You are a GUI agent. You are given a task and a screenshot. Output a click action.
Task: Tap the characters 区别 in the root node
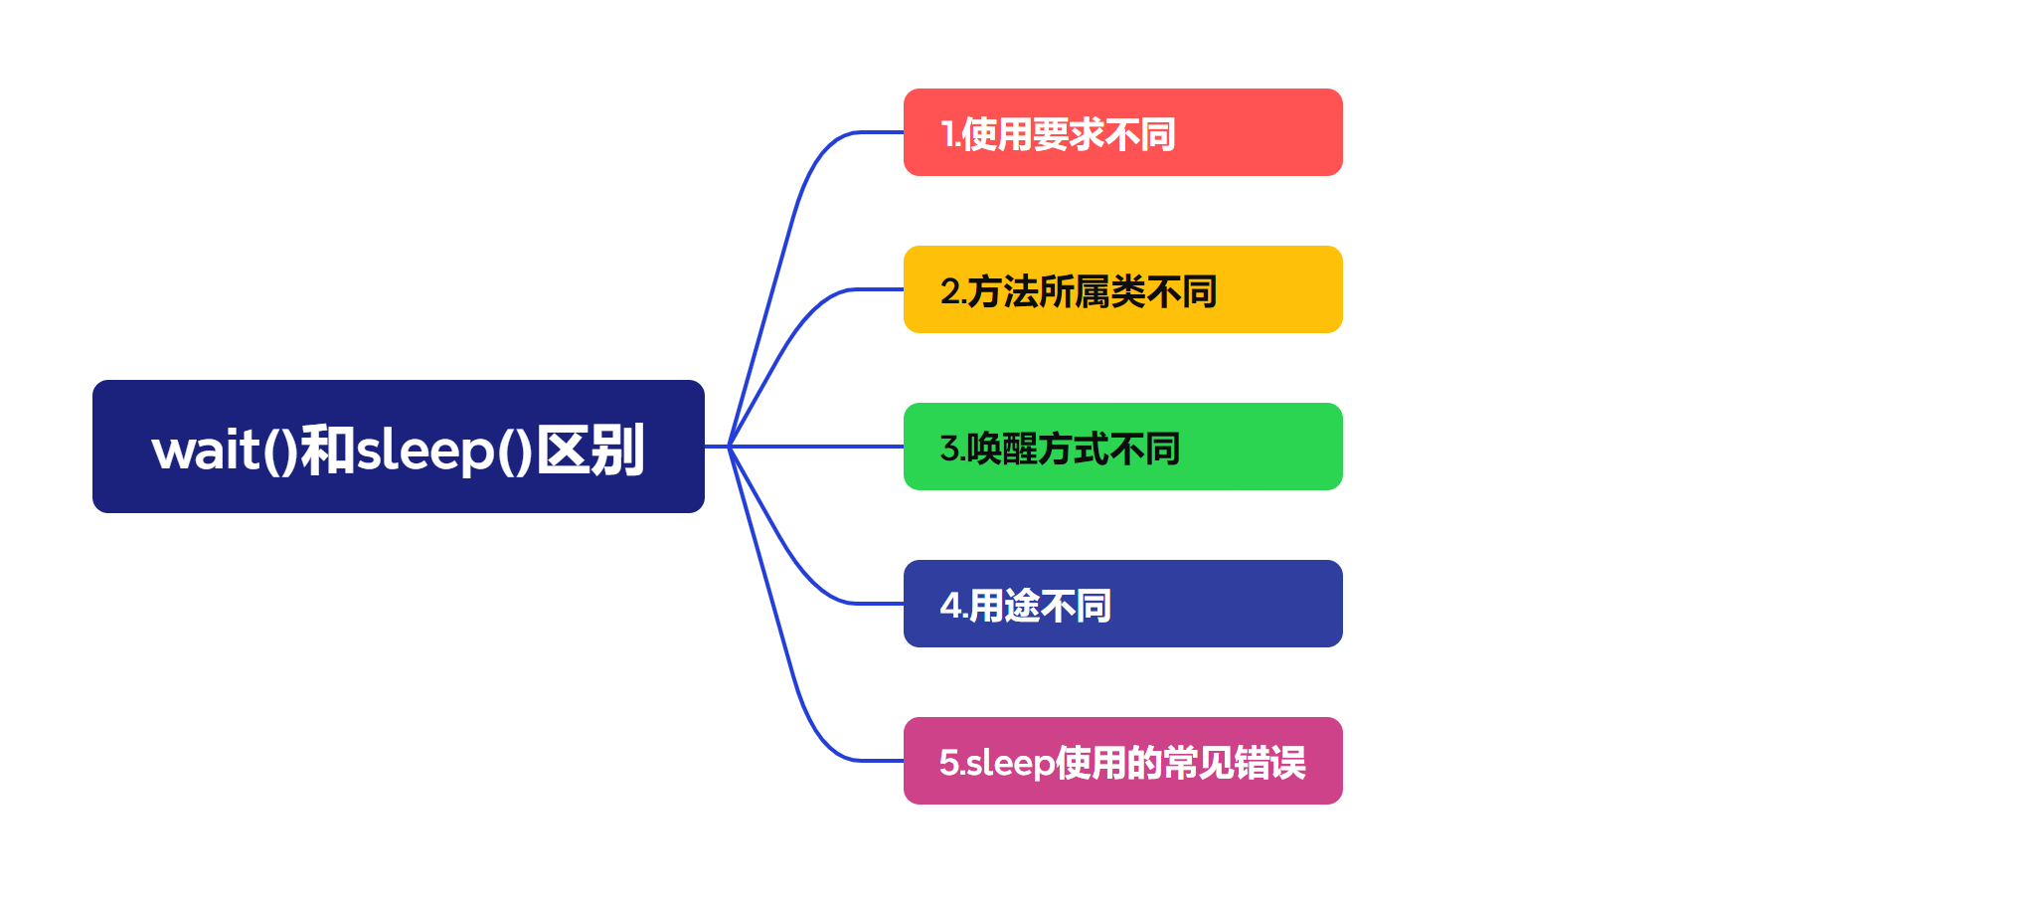[x=591, y=450]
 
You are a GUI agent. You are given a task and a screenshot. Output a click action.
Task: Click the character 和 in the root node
[x=327, y=450]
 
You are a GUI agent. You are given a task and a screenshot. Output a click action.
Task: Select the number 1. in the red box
[x=949, y=134]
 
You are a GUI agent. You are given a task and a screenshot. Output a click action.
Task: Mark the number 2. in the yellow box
[x=951, y=291]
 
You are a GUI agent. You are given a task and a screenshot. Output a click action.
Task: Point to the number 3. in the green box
[x=951, y=449]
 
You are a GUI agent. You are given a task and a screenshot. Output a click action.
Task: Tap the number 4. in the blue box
[x=951, y=606]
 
